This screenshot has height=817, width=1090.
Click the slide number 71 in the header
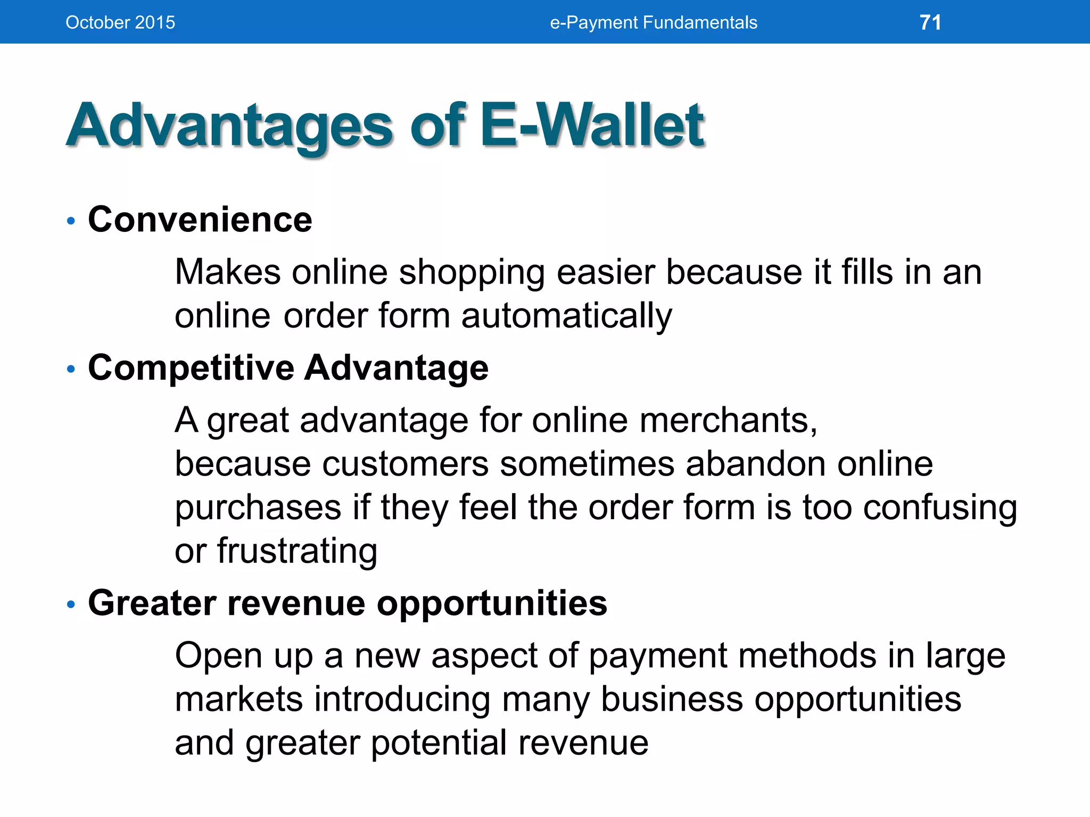coord(930,22)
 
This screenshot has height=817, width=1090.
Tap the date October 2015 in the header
coord(120,22)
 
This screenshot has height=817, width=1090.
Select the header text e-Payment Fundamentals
coord(653,22)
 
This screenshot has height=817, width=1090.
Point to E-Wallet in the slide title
coord(592,126)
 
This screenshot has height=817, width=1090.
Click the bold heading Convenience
coord(200,219)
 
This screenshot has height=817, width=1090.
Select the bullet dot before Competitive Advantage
coord(71,369)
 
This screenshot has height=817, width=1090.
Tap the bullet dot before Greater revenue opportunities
coord(71,604)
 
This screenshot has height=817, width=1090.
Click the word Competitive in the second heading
coord(191,368)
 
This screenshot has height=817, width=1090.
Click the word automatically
coord(566,316)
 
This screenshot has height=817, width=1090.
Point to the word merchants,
coord(728,420)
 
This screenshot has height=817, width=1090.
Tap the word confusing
coord(940,508)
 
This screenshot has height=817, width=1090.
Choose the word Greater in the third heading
coord(152,603)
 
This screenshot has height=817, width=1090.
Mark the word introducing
coord(402,699)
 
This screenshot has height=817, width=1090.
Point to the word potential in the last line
coord(439,743)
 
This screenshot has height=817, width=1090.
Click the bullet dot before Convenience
coord(71,221)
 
